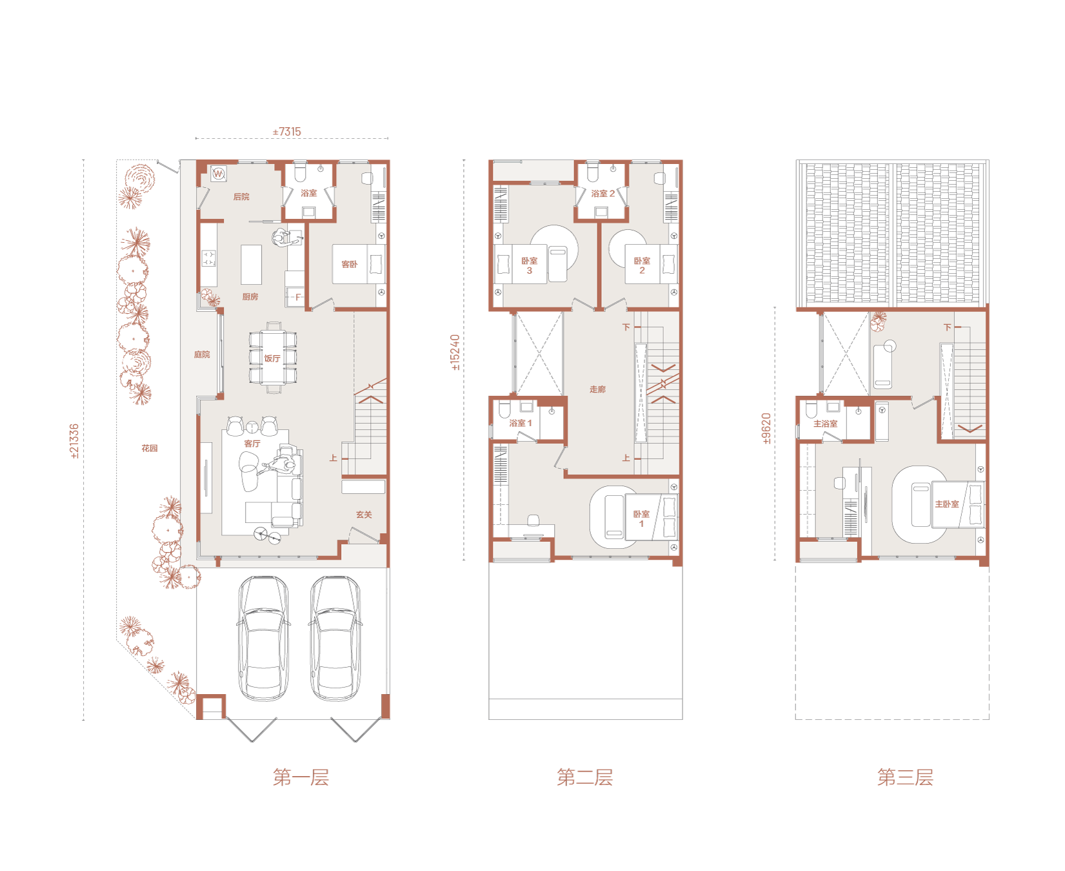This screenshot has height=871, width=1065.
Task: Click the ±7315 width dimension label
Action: point(287,132)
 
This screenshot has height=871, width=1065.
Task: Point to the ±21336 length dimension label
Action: point(74,441)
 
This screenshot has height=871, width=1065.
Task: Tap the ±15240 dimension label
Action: point(455,352)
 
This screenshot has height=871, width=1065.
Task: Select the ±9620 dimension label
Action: point(766,429)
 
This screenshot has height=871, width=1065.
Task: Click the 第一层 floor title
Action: point(301,777)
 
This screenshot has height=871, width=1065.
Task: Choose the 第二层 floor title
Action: point(584,777)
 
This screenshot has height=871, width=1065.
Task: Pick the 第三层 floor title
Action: point(905,777)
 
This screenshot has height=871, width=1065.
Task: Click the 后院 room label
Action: point(241,197)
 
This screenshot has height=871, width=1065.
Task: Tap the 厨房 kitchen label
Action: point(250,297)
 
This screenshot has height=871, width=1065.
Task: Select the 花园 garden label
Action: point(150,448)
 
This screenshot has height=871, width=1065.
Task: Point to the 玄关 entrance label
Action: point(364,515)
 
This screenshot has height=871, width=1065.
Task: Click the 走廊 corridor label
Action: point(597,389)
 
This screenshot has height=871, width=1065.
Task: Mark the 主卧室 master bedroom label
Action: point(947,504)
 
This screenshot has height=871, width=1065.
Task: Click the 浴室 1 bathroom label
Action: point(521,424)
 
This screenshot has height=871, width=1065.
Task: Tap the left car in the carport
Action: point(263,638)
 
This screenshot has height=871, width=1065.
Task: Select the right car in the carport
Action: point(335,638)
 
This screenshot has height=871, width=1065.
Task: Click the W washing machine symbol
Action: point(219,174)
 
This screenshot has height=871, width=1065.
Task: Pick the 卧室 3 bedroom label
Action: point(529,265)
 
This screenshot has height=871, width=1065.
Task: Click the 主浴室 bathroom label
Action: point(826,424)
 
